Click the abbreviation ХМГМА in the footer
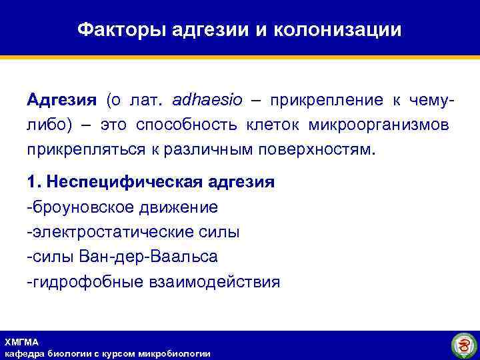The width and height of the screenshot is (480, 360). [x=21, y=342]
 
